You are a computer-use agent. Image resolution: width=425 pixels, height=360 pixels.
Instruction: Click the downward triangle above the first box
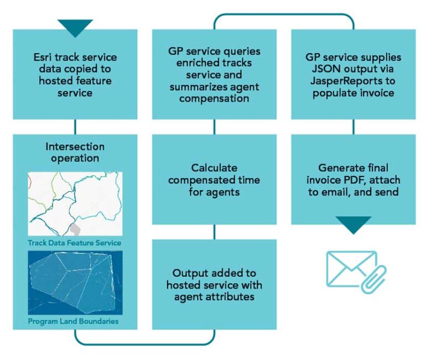coord(75,27)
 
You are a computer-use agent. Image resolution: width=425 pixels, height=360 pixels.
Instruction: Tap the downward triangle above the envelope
coord(354,224)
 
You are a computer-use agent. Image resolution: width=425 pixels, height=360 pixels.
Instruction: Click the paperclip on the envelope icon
coord(373,279)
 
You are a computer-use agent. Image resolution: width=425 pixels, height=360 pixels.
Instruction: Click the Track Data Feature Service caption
coord(74,243)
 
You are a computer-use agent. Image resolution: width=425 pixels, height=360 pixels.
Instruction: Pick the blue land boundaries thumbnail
coord(75,282)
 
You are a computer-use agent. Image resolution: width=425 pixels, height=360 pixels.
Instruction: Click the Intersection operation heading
coord(75,152)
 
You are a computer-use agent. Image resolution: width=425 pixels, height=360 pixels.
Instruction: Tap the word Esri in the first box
coord(44,58)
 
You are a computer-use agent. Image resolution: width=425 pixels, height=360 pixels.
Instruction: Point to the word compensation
coord(214,100)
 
